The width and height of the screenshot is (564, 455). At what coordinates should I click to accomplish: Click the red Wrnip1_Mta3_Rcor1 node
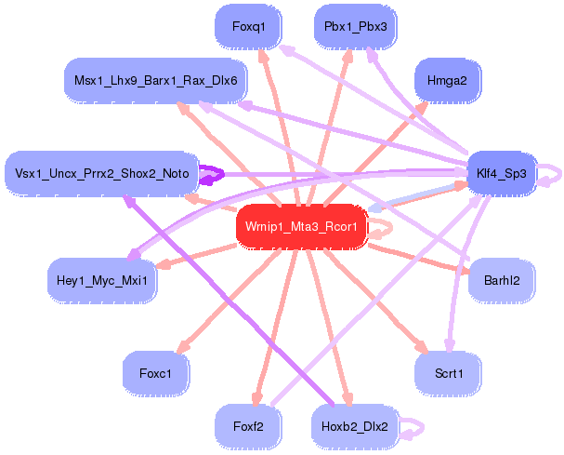[302, 226]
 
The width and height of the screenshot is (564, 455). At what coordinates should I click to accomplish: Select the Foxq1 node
[249, 27]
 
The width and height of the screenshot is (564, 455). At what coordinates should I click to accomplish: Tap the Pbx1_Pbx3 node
[356, 27]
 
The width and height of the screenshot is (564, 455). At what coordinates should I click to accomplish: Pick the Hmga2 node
[447, 81]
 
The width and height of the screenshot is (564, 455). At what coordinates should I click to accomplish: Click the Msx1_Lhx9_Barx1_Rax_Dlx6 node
[156, 81]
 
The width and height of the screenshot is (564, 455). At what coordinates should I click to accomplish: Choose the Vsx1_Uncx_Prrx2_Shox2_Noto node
[102, 173]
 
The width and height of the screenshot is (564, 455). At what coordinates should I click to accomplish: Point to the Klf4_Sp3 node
[501, 173]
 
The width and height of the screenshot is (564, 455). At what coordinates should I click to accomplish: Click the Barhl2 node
[501, 279]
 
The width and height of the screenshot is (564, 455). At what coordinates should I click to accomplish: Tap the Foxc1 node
[156, 373]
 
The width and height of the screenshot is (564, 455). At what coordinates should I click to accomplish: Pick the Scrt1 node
[447, 373]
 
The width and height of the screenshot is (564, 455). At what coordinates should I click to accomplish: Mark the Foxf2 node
[249, 427]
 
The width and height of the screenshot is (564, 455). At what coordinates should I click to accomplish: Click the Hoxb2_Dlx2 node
[356, 427]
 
